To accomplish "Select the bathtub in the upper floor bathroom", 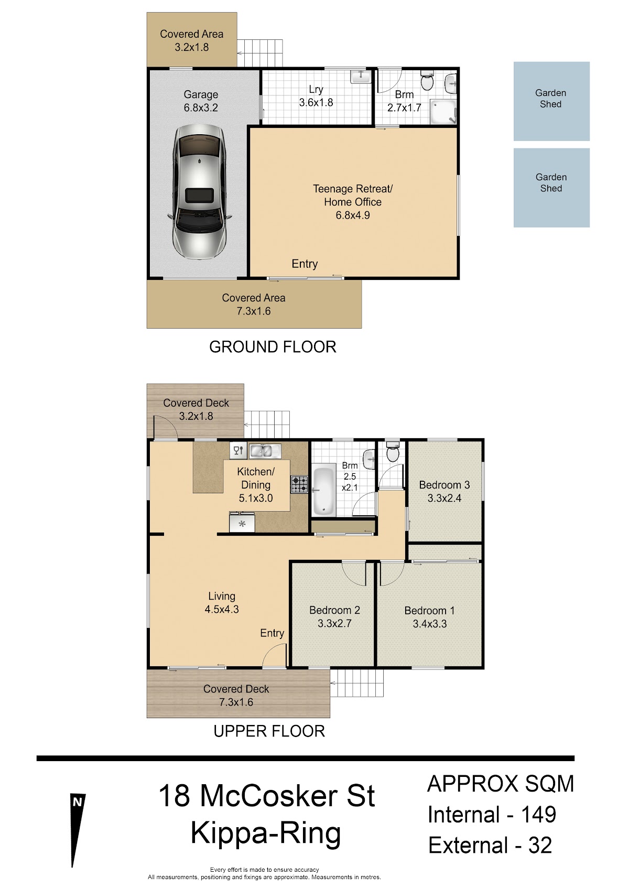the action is click(324, 492).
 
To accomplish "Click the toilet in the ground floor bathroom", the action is click(427, 81).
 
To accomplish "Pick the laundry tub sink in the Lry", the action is click(361, 76).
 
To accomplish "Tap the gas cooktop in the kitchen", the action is click(300, 484).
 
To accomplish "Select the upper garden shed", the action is click(551, 101).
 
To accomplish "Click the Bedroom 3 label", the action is click(444, 485).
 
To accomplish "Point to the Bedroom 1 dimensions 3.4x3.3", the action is click(430, 624).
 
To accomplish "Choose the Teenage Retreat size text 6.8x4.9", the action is click(353, 215).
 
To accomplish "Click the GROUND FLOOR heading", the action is click(273, 347).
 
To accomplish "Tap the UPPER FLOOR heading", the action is click(269, 731).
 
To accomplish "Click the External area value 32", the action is click(540, 845).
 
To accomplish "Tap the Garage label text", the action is click(201, 95).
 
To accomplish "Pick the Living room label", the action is click(222, 596).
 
